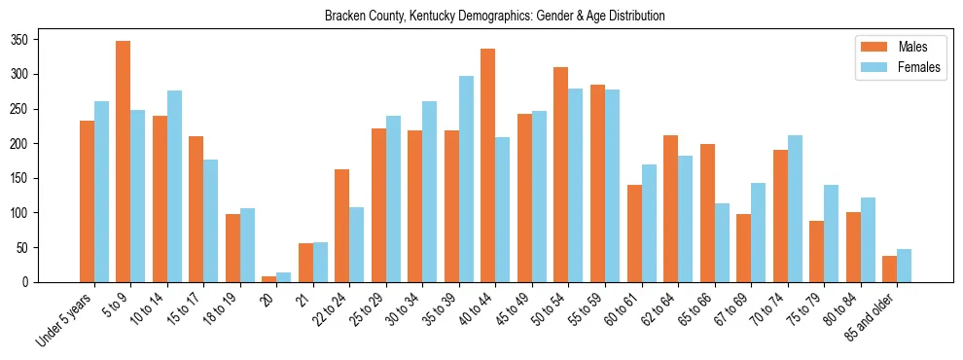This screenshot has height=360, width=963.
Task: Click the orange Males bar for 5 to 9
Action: click(124, 162)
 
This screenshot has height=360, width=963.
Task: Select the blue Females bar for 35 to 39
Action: click(466, 179)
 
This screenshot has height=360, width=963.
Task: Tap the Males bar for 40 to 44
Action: click(488, 165)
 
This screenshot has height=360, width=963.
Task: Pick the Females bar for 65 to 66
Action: click(722, 243)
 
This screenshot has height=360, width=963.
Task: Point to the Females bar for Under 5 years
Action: click(101, 192)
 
